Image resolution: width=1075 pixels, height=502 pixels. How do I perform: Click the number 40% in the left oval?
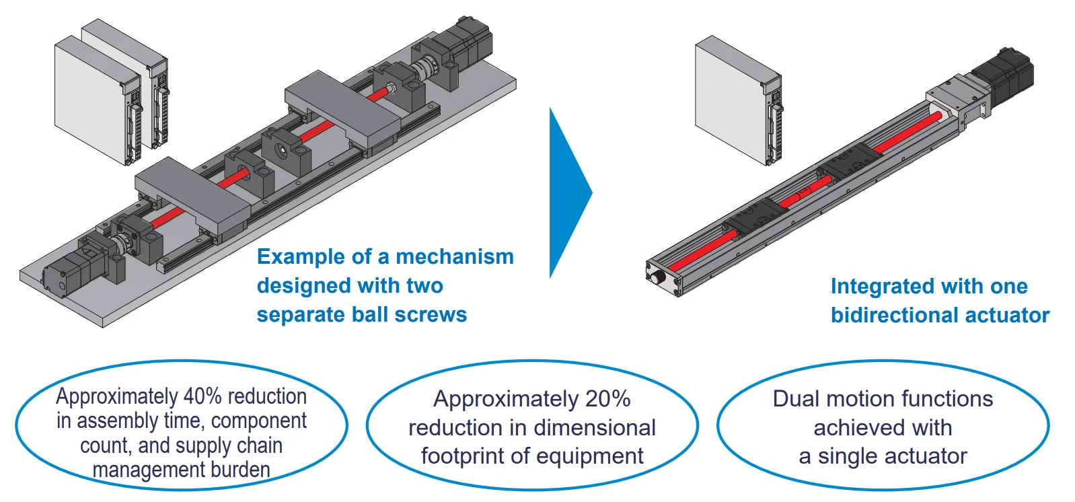click(203, 396)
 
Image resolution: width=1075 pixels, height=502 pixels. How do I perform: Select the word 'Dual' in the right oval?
click(796, 399)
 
